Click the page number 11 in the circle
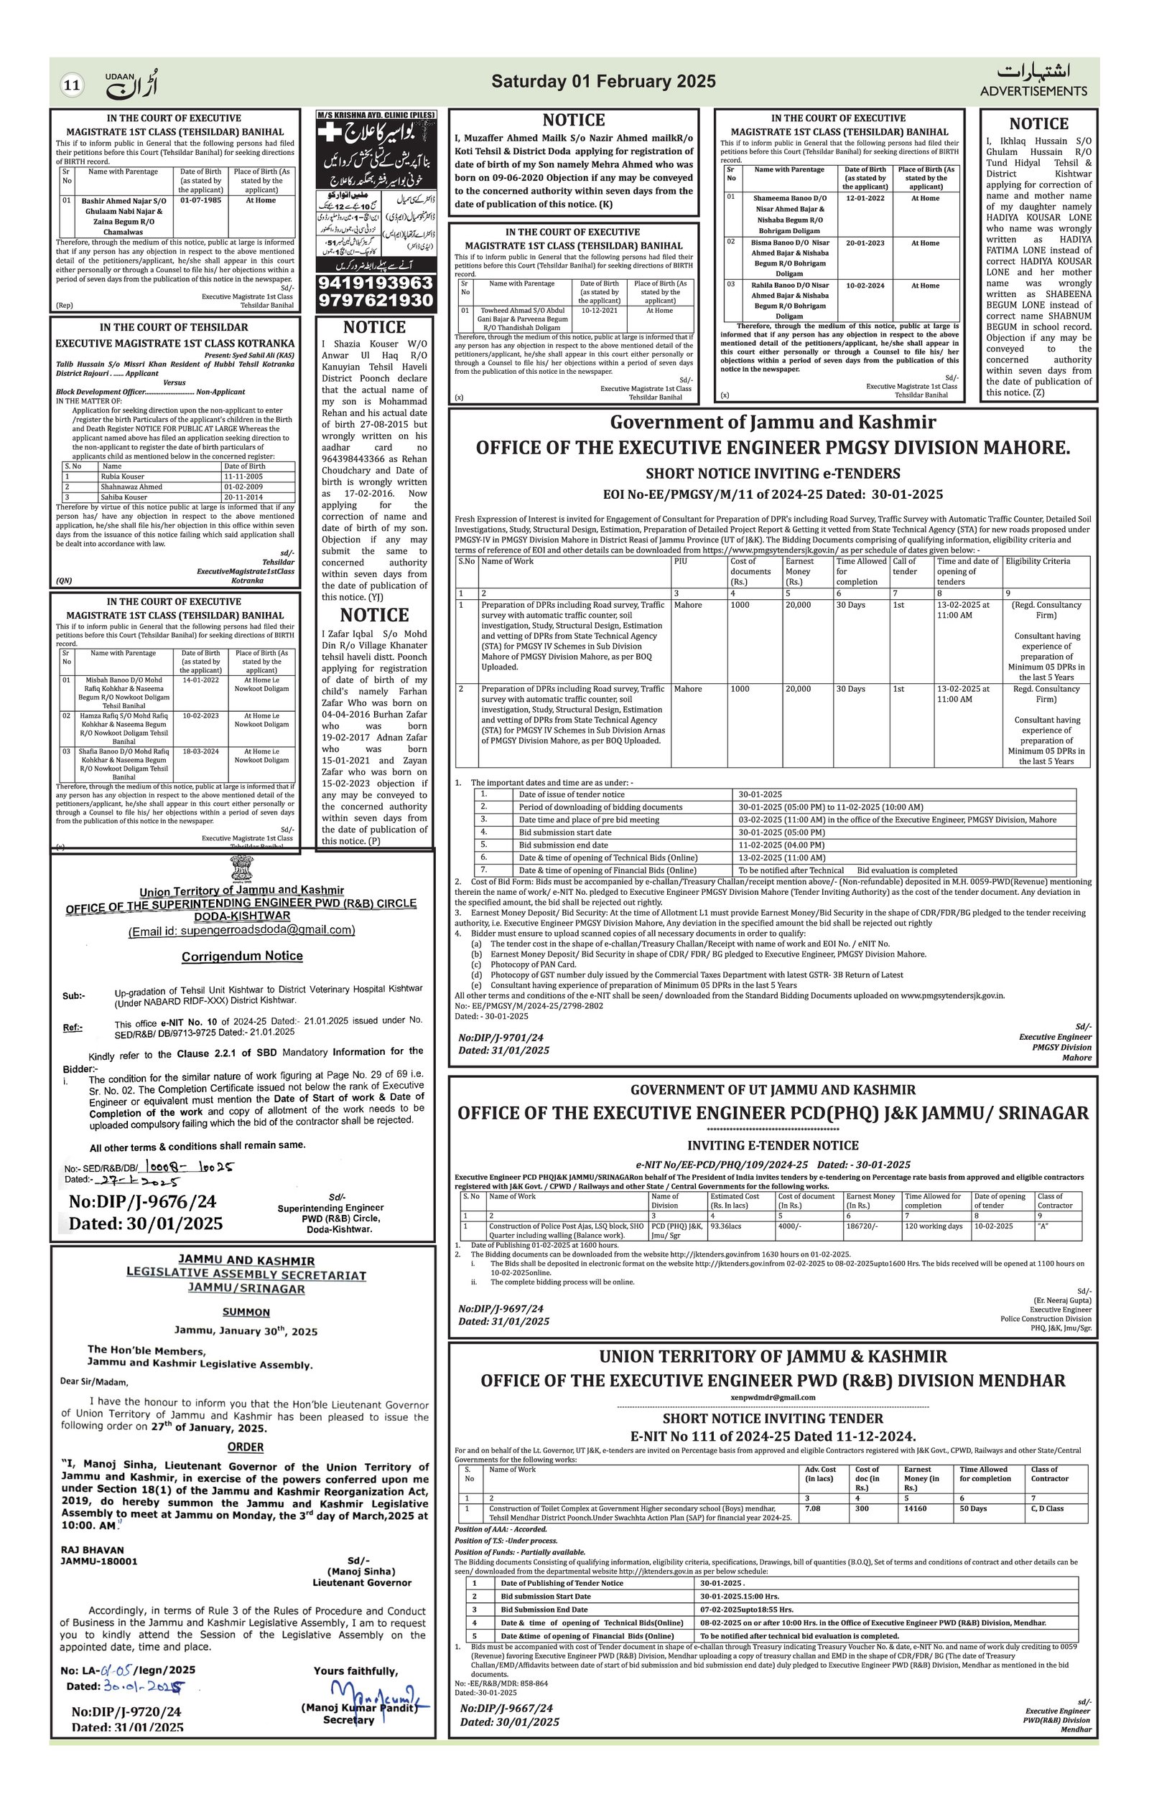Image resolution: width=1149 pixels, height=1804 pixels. coord(72,85)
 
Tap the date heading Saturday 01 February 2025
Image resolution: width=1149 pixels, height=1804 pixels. coord(603,82)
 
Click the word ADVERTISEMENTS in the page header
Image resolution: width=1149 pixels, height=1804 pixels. coord(1033,91)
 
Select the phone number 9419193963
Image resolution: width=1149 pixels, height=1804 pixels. coord(376,283)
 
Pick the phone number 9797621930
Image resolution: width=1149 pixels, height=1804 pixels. coord(376,301)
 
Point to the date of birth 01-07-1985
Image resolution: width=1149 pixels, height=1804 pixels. coord(201,201)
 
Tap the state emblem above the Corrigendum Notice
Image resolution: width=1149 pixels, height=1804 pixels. coord(242,870)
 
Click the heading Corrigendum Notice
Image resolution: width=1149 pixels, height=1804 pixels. coord(242,957)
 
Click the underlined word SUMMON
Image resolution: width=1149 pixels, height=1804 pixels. coord(246,1312)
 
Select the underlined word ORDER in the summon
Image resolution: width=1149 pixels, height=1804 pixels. coord(246,1447)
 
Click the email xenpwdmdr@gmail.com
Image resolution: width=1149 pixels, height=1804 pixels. coord(772,1397)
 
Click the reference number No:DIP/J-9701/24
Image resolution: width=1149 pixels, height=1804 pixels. coord(501,1038)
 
